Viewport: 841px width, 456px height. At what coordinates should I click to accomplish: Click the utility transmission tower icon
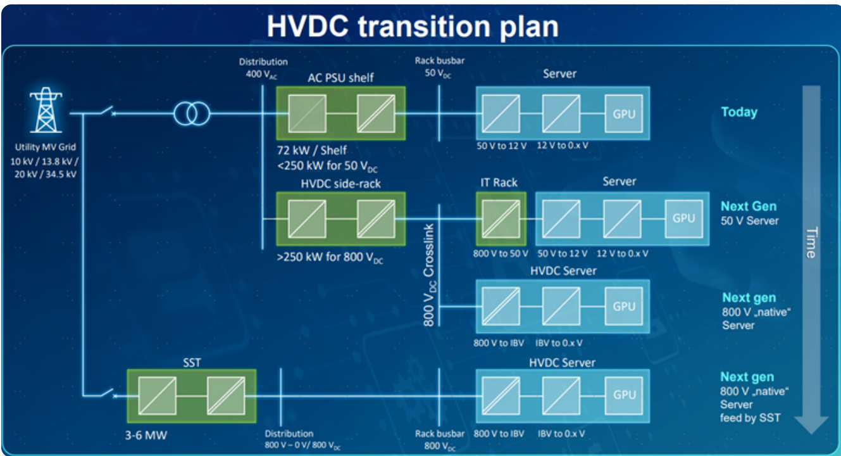45,110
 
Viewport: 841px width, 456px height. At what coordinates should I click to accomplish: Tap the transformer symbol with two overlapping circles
191,114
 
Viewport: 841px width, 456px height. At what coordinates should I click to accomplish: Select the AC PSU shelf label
340,78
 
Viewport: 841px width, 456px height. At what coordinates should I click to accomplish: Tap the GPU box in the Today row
623,113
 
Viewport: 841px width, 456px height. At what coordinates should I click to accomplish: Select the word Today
739,112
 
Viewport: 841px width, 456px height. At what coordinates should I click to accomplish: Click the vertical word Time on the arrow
811,242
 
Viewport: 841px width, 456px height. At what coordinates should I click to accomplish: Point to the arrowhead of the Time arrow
811,424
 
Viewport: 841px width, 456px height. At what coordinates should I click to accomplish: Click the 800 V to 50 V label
501,253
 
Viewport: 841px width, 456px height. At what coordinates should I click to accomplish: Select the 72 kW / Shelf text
311,151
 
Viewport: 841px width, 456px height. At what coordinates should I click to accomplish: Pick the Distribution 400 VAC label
263,68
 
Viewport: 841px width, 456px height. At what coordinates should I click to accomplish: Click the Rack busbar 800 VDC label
440,439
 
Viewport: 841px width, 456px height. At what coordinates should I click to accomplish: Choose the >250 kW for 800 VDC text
330,258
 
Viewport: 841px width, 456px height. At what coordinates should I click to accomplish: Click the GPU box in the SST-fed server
624,395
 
